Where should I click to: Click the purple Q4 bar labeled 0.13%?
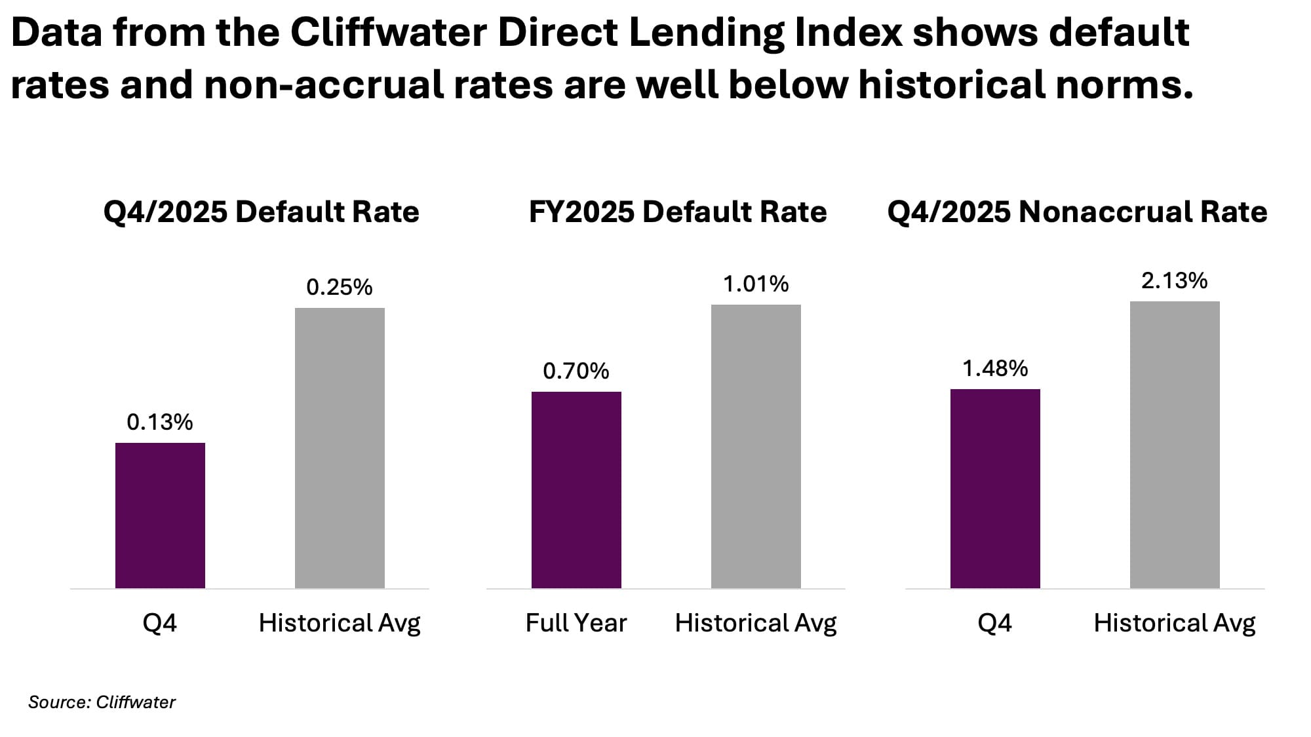click(160, 515)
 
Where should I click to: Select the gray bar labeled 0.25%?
click(340, 447)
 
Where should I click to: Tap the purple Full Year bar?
click(576, 489)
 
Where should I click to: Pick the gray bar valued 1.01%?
click(756, 446)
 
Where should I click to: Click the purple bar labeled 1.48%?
click(995, 488)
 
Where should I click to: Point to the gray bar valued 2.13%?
click(1175, 444)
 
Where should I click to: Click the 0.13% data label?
click(160, 422)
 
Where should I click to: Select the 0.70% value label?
click(576, 371)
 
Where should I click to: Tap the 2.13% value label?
click(1175, 281)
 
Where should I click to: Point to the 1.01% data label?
click(756, 284)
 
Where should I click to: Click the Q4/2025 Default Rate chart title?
click(261, 212)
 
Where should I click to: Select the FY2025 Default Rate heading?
click(678, 212)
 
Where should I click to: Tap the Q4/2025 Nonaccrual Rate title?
click(1077, 212)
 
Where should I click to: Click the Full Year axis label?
click(576, 622)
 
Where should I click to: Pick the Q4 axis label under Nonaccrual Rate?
click(994, 622)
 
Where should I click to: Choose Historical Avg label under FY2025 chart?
click(756, 622)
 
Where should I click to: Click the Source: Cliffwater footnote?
click(102, 702)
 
